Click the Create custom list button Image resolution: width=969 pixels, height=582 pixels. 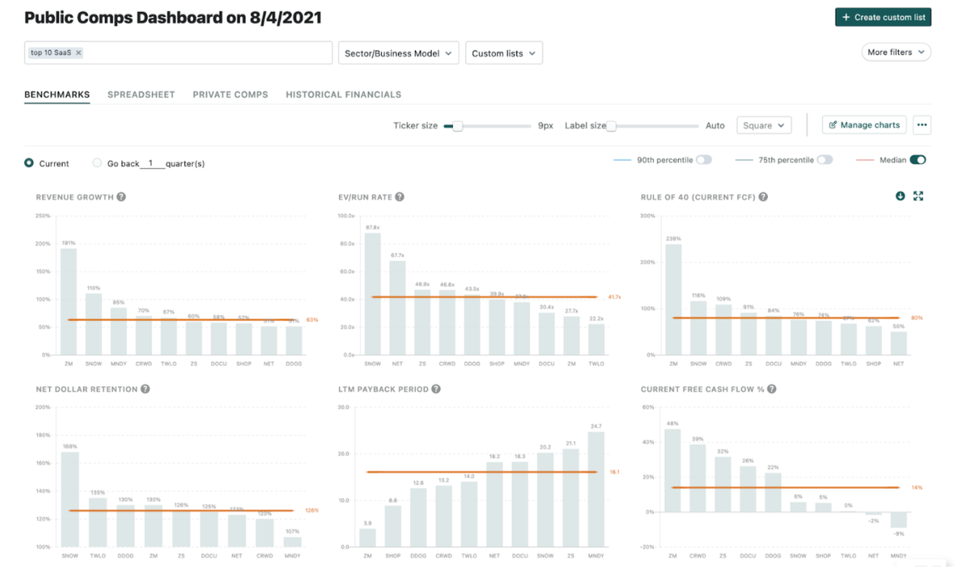click(883, 17)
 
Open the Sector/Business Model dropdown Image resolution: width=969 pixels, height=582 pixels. click(398, 53)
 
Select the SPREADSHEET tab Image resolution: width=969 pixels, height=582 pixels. click(141, 94)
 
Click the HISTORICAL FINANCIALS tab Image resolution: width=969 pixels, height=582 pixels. click(343, 94)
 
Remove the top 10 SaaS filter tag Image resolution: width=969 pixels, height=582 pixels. click(79, 53)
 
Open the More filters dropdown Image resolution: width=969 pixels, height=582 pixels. click(896, 52)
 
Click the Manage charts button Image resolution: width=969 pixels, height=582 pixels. click(864, 125)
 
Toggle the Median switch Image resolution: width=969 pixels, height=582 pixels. click(917, 160)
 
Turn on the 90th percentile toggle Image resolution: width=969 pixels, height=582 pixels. click(704, 160)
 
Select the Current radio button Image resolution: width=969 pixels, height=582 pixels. click(29, 163)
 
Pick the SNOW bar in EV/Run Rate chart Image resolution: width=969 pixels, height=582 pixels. click(372, 294)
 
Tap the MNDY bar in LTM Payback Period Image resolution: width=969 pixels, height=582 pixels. click(596, 489)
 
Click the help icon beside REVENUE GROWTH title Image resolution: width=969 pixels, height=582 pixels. click(121, 197)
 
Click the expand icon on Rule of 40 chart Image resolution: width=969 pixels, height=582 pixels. click(918, 196)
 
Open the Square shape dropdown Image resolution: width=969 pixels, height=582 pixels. click(763, 126)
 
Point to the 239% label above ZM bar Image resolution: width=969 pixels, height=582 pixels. click(673, 239)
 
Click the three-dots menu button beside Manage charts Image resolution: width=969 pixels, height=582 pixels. click(922, 125)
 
